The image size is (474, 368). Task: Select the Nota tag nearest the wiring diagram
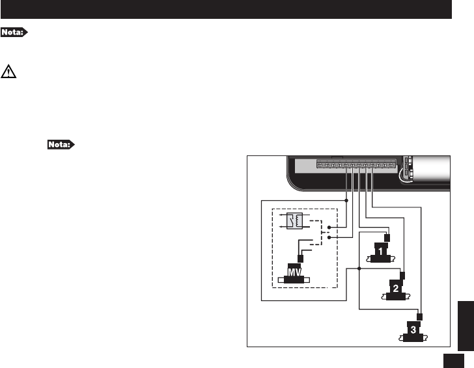click(62, 143)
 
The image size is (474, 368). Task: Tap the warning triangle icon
click(9, 72)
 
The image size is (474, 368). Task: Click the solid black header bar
click(226, 9)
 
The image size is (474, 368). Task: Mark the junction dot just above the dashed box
click(346, 200)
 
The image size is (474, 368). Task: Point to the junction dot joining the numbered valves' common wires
click(359, 267)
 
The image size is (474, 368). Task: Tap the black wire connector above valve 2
click(404, 275)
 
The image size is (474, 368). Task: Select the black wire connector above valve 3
click(419, 317)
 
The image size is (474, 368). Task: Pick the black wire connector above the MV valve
click(300, 257)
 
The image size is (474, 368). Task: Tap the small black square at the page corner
click(454, 360)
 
